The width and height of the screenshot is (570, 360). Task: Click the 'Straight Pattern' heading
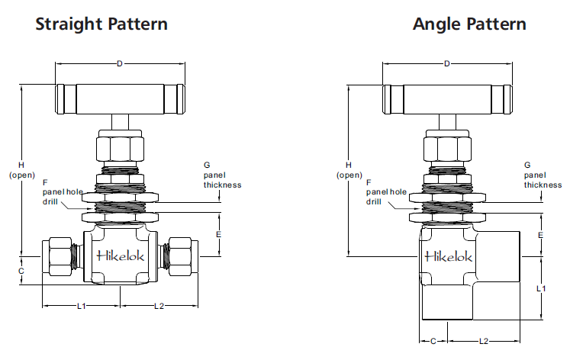(101, 24)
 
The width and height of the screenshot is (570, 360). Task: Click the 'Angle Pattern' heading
(469, 24)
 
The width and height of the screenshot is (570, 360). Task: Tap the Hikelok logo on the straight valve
(121, 257)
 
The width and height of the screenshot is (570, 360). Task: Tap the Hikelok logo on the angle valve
(449, 256)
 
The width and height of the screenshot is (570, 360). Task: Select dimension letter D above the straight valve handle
(119, 63)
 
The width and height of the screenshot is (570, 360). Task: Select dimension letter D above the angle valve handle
(446, 63)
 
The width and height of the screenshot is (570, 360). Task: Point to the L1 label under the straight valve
(81, 306)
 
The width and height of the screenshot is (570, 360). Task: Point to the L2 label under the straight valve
(159, 306)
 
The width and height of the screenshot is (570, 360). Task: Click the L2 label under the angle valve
(484, 341)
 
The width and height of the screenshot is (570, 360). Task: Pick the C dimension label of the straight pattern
(21, 271)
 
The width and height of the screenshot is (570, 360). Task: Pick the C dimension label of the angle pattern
(433, 341)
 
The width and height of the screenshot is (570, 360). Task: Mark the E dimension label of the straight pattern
(218, 235)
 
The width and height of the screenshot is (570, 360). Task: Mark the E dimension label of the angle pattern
(541, 235)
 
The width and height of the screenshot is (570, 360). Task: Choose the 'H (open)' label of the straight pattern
(21, 169)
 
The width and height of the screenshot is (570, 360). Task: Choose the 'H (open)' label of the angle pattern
(349, 169)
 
